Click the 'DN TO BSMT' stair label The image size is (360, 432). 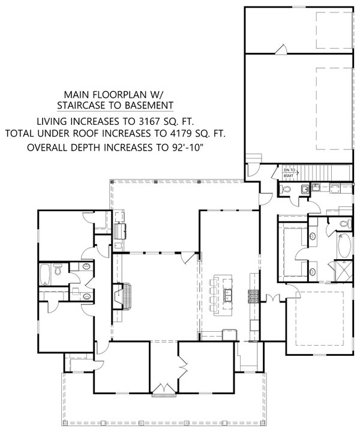tap(289, 173)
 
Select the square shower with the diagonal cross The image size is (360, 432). tap(340, 268)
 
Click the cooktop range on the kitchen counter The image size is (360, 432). tap(253, 295)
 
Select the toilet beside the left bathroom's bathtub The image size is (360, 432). tap(58, 271)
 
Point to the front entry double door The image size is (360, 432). tap(161, 391)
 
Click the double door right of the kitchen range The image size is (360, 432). tap(274, 297)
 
